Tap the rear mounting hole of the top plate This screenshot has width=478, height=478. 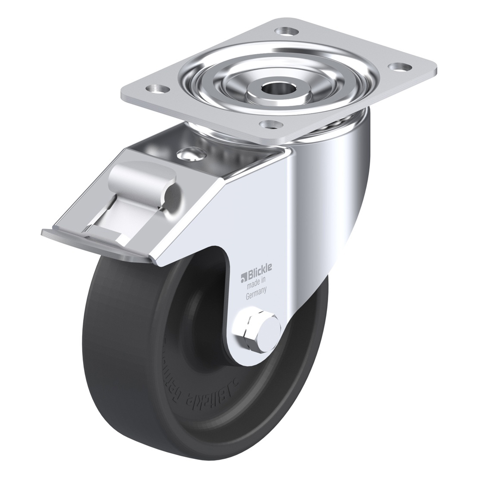(287, 32)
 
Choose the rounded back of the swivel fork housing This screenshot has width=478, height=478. (341, 187)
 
